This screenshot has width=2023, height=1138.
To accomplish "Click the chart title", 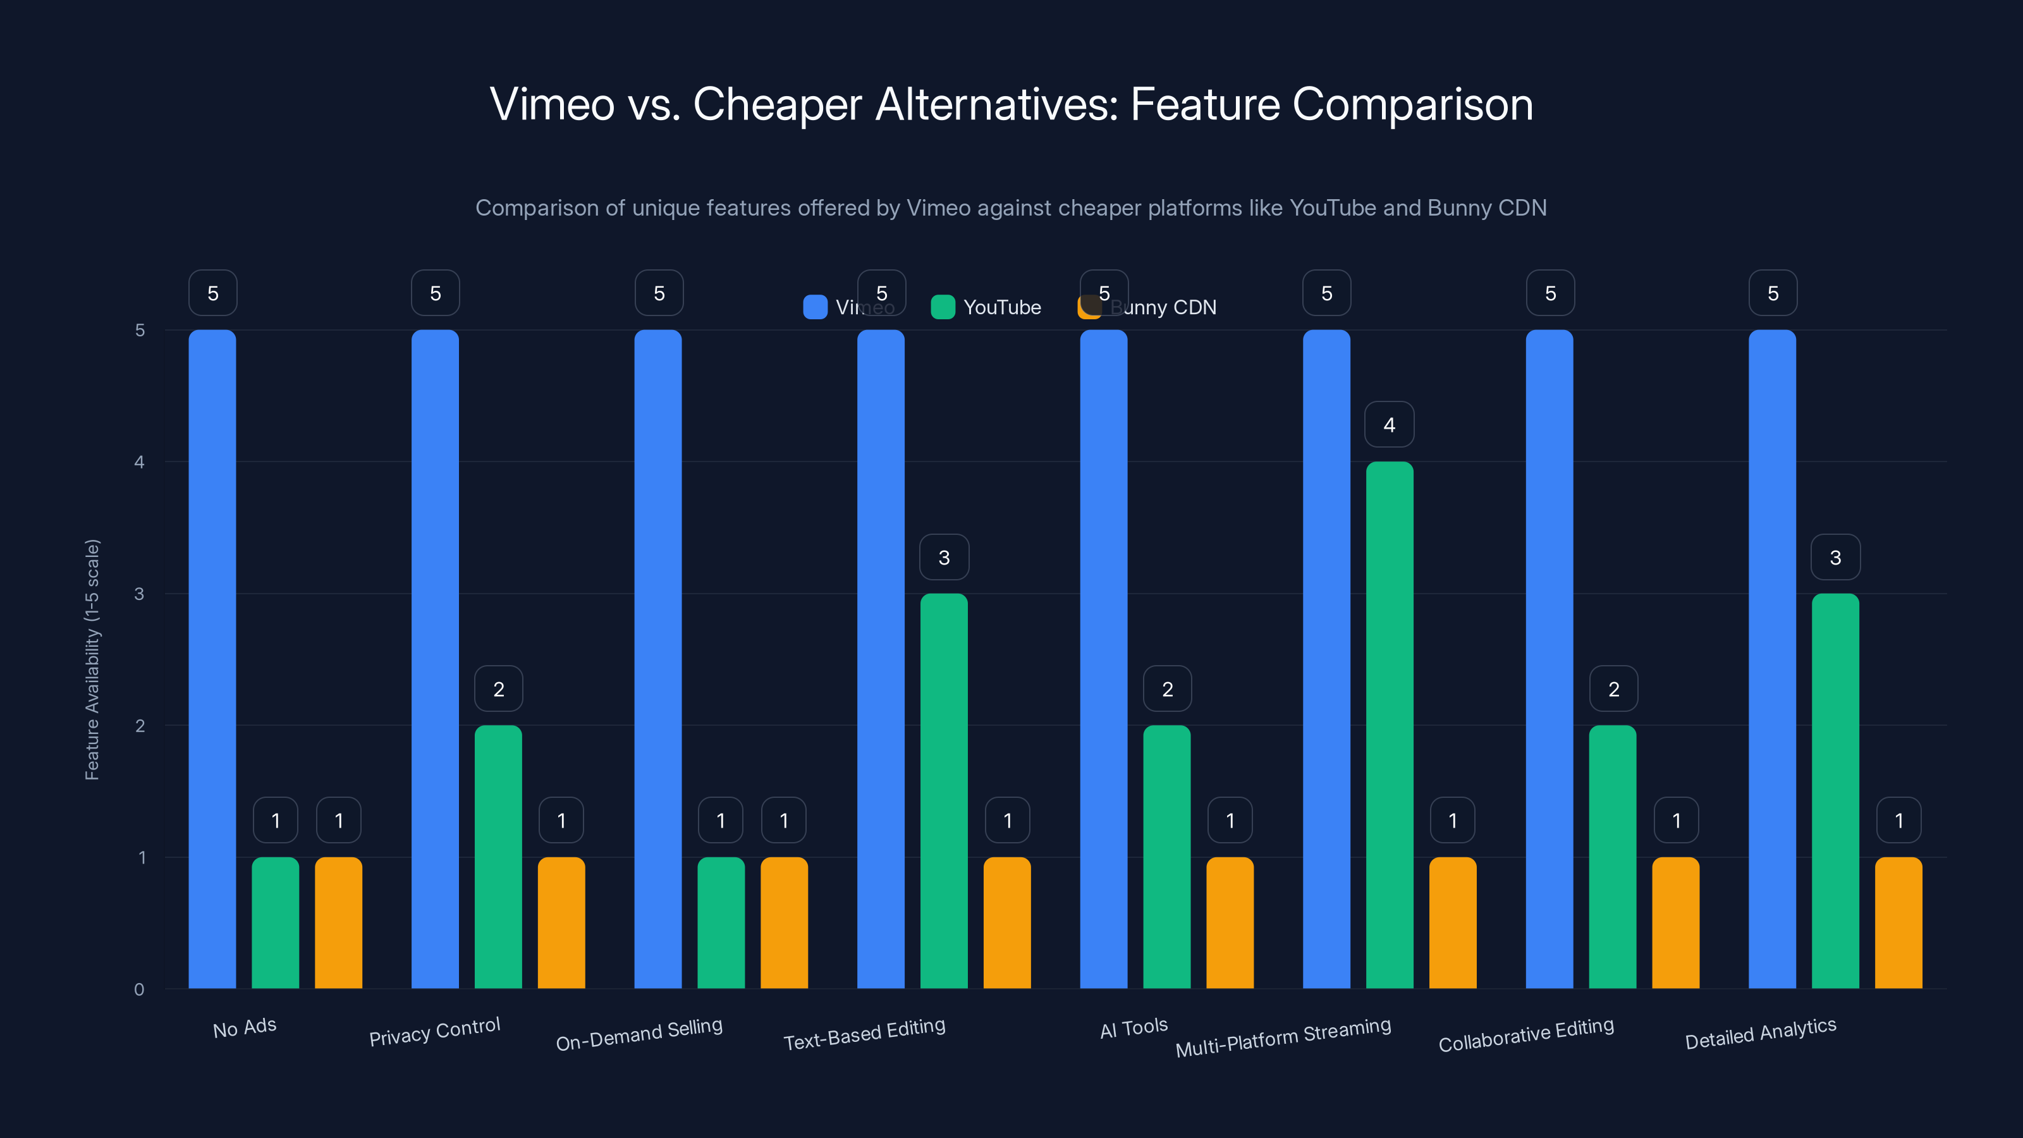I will pyautogui.click(x=1011, y=104).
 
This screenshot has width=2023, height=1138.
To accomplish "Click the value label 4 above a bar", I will pyautogui.click(x=1390, y=425).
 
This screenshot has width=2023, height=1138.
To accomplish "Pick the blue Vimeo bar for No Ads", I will pyautogui.click(x=212, y=659).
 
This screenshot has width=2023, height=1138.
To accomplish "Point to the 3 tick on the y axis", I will pyautogui.click(x=139, y=594).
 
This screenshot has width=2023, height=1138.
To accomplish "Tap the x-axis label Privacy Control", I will pyautogui.click(x=434, y=1031).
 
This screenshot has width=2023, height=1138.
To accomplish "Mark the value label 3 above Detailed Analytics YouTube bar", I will pyautogui.click(x=1835, y=558).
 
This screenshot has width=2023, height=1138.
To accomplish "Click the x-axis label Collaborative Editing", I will pyautogui.click(x=1526, y=1034).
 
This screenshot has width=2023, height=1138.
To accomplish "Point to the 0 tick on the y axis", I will pyautogui.click(x=139, y=989).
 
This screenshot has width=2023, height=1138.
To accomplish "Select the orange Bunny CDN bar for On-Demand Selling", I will pyautogui.click(x=784, y=923).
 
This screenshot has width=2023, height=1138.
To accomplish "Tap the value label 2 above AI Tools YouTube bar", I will pyautogui.click(x=1167, y=688).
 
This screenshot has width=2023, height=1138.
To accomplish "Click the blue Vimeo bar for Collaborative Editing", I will pyautogui.click(x=1549, y=659).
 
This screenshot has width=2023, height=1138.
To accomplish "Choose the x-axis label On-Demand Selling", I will pyautogui.click(x=639, y=1034).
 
